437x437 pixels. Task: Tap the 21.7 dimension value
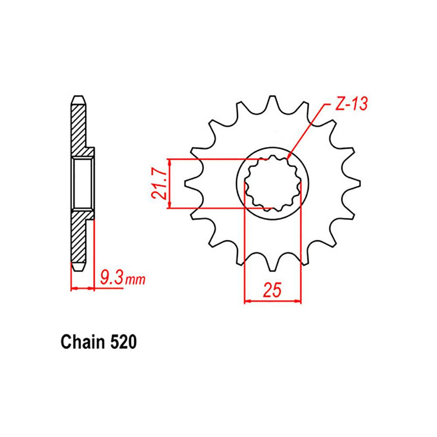click(x=159, y=184)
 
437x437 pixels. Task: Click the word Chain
click(x=81, y=342)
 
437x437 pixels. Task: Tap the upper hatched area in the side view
click(x=79, y=127)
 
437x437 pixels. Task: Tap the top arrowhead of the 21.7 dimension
click(x=170, y=161)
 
